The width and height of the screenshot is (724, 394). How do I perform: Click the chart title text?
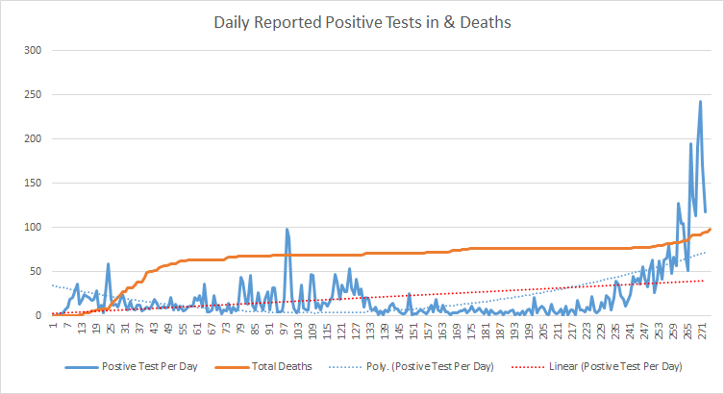click(x=362, y=18)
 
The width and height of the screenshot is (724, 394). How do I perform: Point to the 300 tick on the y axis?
click(x=32, y=50)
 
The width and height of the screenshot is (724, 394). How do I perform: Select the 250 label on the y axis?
click(x=32, y=94)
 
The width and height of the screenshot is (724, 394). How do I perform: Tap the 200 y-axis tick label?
click(x=32, y=138)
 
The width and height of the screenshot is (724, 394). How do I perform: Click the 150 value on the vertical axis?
click(x=32, y=183)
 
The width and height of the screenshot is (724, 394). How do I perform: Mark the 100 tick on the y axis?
click(x=32, y=227)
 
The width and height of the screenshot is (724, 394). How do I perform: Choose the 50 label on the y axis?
click(x=35, y=271)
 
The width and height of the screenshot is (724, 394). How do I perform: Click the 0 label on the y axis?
click(x=37, y=315)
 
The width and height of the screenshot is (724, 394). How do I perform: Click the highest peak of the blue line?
click(x=700, y=101)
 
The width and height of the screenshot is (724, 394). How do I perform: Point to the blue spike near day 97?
click(x=287, y=230)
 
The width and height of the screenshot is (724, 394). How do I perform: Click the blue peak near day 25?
click(x=109, y=263)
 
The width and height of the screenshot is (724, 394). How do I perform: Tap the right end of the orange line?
click(x=710, y=229)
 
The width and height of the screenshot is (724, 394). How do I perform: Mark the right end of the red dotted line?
click(x=706, y=281)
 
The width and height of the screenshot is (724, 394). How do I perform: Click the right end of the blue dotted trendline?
click(x=706, y=253)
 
